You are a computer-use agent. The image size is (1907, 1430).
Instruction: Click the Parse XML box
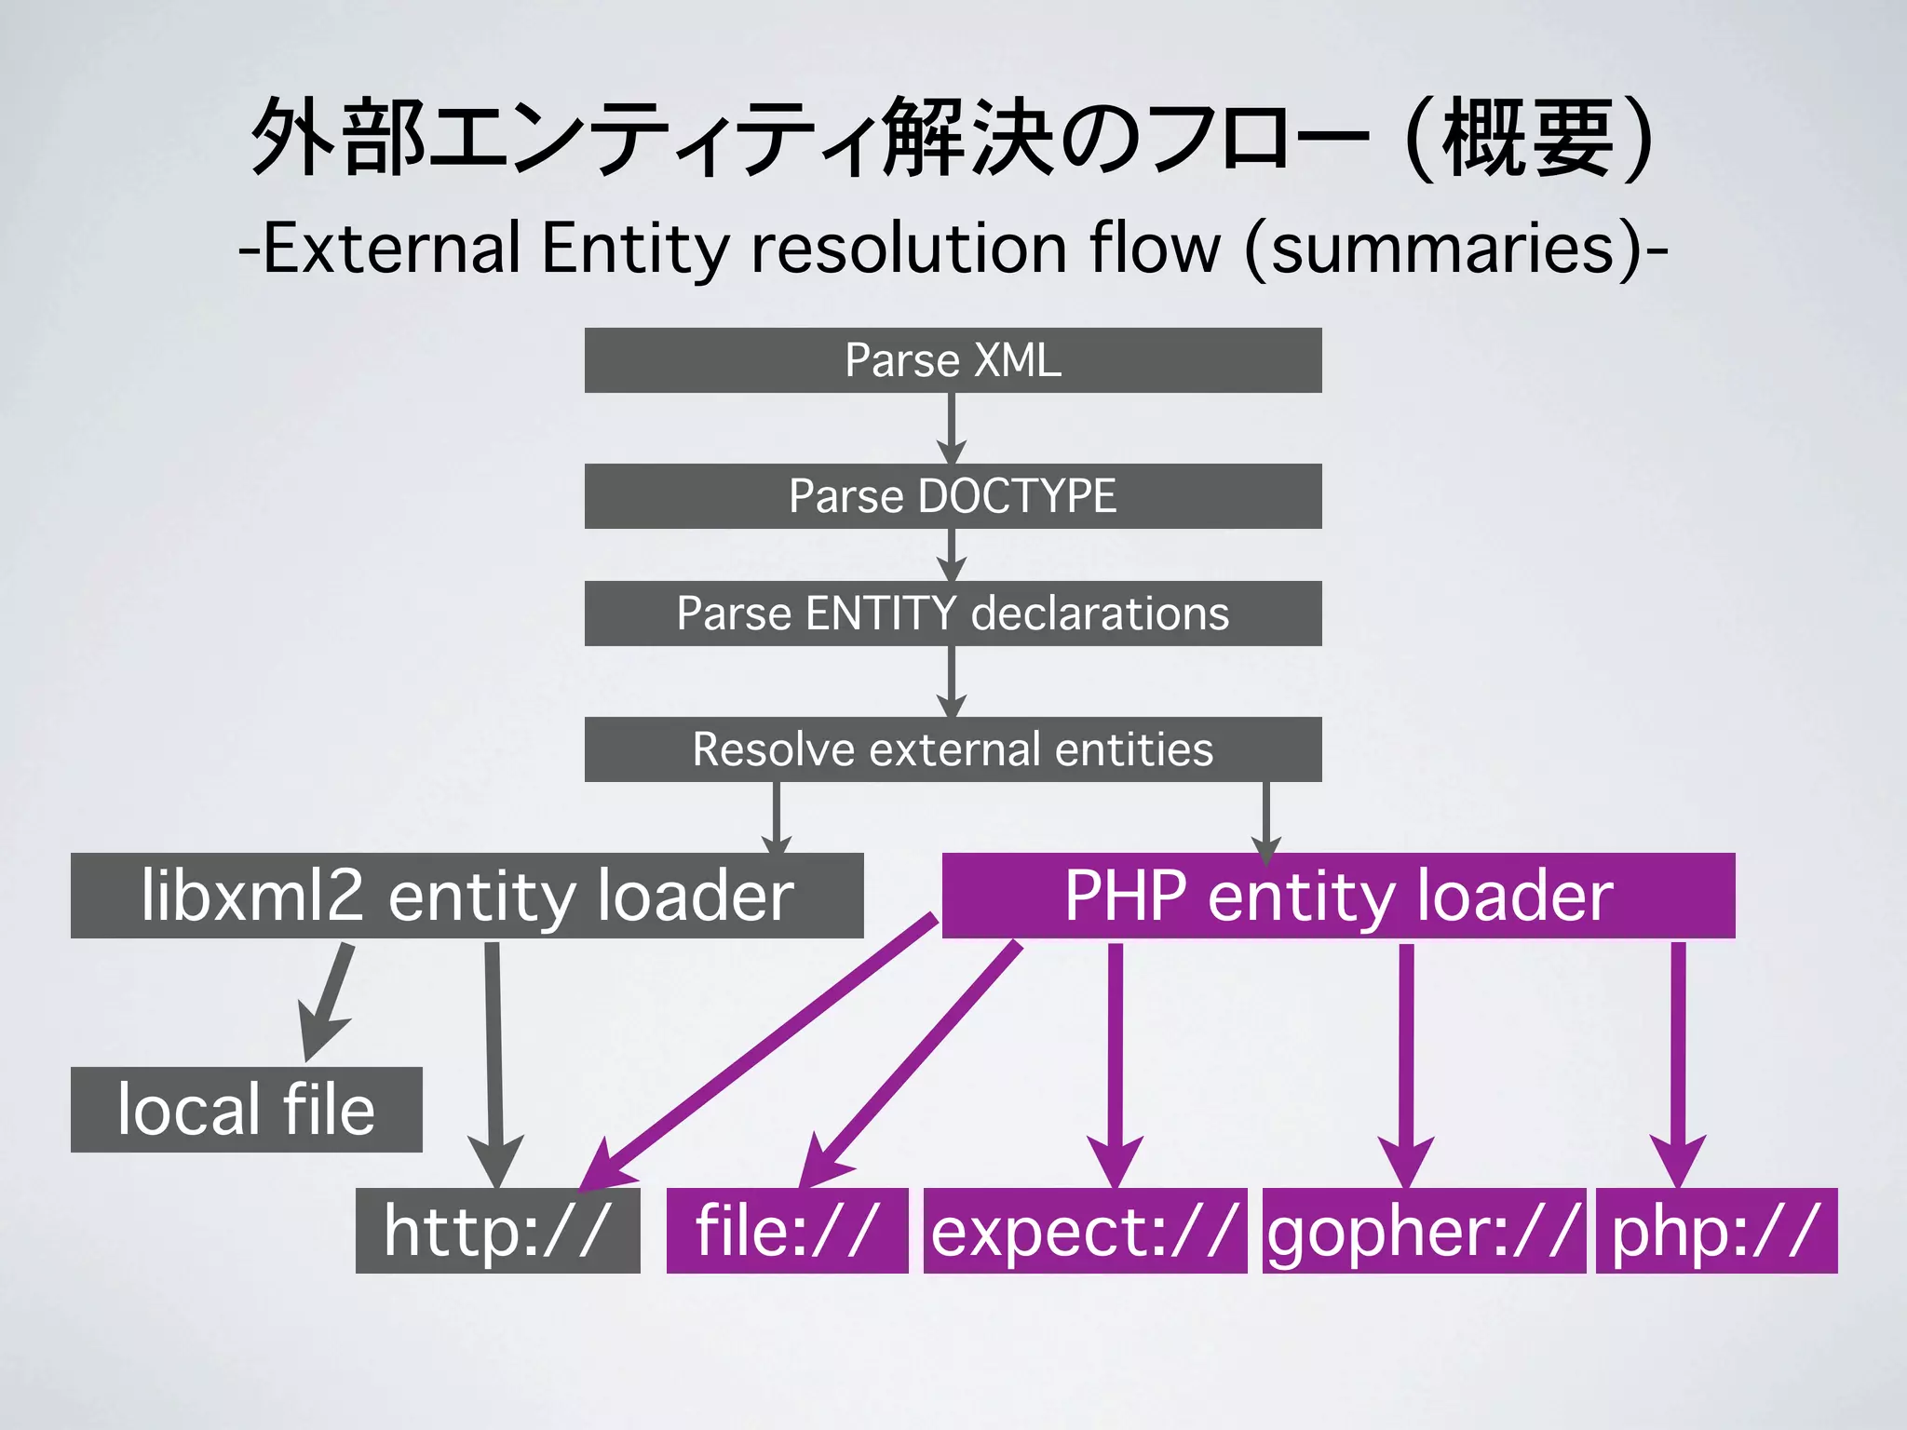coord(953,360)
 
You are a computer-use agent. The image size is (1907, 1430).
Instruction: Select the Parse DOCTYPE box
coord(953,496)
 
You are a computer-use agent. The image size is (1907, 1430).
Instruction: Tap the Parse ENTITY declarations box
coord(953,614)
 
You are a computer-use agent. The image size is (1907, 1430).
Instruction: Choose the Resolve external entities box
coord(953,749)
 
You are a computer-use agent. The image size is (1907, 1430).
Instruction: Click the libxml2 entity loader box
coord(467,896)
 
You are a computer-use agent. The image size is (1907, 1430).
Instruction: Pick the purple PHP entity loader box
coord(1338,896)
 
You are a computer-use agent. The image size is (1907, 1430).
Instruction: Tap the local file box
coord(246,1110)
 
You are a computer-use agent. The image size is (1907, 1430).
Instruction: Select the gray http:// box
coord(497,1231)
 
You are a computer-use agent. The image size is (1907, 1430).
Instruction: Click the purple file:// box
coord(787,1231)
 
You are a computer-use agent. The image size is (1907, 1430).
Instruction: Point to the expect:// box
coord(1085,1231)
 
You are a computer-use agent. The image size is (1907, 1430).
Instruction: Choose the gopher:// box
coord(1424,1231)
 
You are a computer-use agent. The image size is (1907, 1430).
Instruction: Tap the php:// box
coord(1716,1231)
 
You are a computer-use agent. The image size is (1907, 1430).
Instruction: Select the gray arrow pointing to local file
coord(328,1000)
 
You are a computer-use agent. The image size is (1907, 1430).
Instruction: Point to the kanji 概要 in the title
coord(1527,140)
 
